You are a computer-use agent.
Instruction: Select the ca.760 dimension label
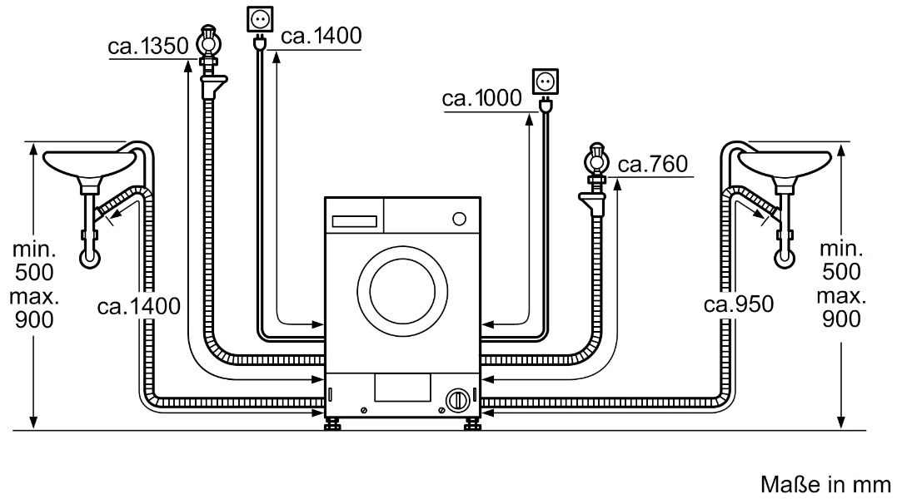coord(652,165)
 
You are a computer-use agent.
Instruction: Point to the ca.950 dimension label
coord(738,304)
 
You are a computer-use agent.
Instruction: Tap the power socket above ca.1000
coord(546,82)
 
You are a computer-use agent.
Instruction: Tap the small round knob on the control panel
coord(457,219)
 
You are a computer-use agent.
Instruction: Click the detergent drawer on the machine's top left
coord(356,221)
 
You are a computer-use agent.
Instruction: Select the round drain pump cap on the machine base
coord(456,399)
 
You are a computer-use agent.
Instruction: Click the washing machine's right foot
coord(471,424)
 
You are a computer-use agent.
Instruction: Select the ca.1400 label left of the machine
coord(139,307)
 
